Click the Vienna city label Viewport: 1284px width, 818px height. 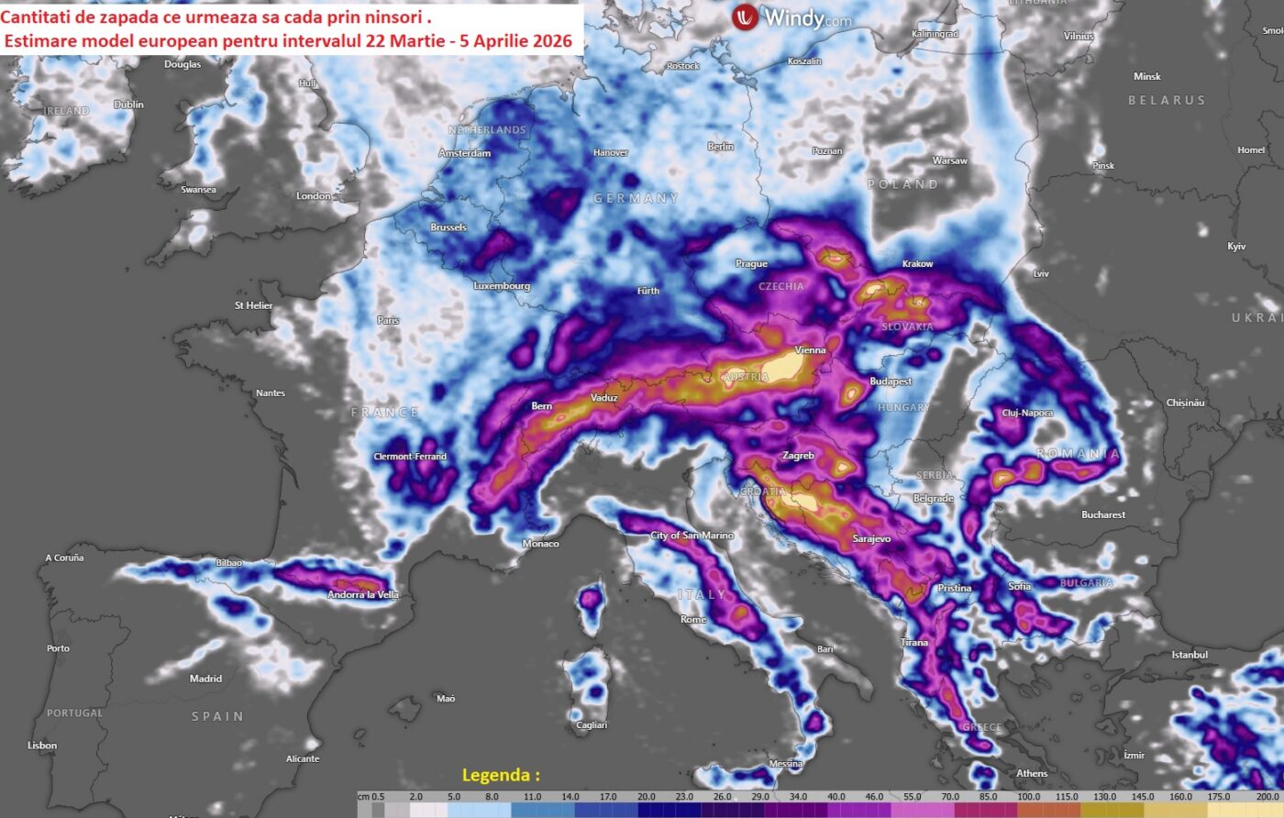(810, 349)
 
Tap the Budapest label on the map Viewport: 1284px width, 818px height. (891, 381)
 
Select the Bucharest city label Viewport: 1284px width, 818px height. (1102, 514)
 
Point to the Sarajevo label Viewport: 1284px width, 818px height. (871, 539)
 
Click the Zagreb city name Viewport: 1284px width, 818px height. (798, 456)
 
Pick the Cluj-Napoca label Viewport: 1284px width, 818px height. (1027, 414)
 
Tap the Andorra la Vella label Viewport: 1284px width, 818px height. (363, 595)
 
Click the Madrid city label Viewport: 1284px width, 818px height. (205, 679)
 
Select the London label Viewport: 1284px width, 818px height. (314, 195)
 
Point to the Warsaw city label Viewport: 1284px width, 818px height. (949, 160)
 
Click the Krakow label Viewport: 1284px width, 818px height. (917, 264)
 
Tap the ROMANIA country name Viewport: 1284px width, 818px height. (1078, 454)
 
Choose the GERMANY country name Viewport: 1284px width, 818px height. (636, 198)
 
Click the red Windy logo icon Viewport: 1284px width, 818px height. (745, 17)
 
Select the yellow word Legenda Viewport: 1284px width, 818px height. (501, 775)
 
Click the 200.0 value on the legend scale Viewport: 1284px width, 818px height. (1267, 797)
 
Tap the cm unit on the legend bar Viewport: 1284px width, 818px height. (363, 797)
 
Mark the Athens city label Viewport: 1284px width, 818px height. (1032, 773)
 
